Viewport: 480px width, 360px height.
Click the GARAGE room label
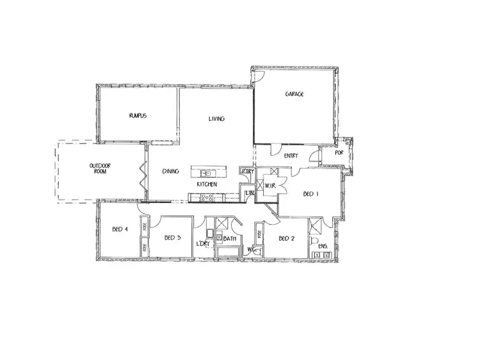(294, 94)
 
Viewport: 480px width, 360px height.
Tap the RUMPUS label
(138, 116)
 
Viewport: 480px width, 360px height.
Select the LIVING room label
(216, 119)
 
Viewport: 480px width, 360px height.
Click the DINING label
(170, 171)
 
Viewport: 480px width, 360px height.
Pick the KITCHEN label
(207, 184)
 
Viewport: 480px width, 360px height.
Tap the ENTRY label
(291, 156)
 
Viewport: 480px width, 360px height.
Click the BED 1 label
(310, 194)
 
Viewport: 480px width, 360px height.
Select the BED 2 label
(286, 238)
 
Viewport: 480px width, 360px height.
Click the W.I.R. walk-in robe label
(269, 187)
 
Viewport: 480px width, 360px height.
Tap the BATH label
(230, 238)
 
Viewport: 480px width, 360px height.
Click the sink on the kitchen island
(206, 173)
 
